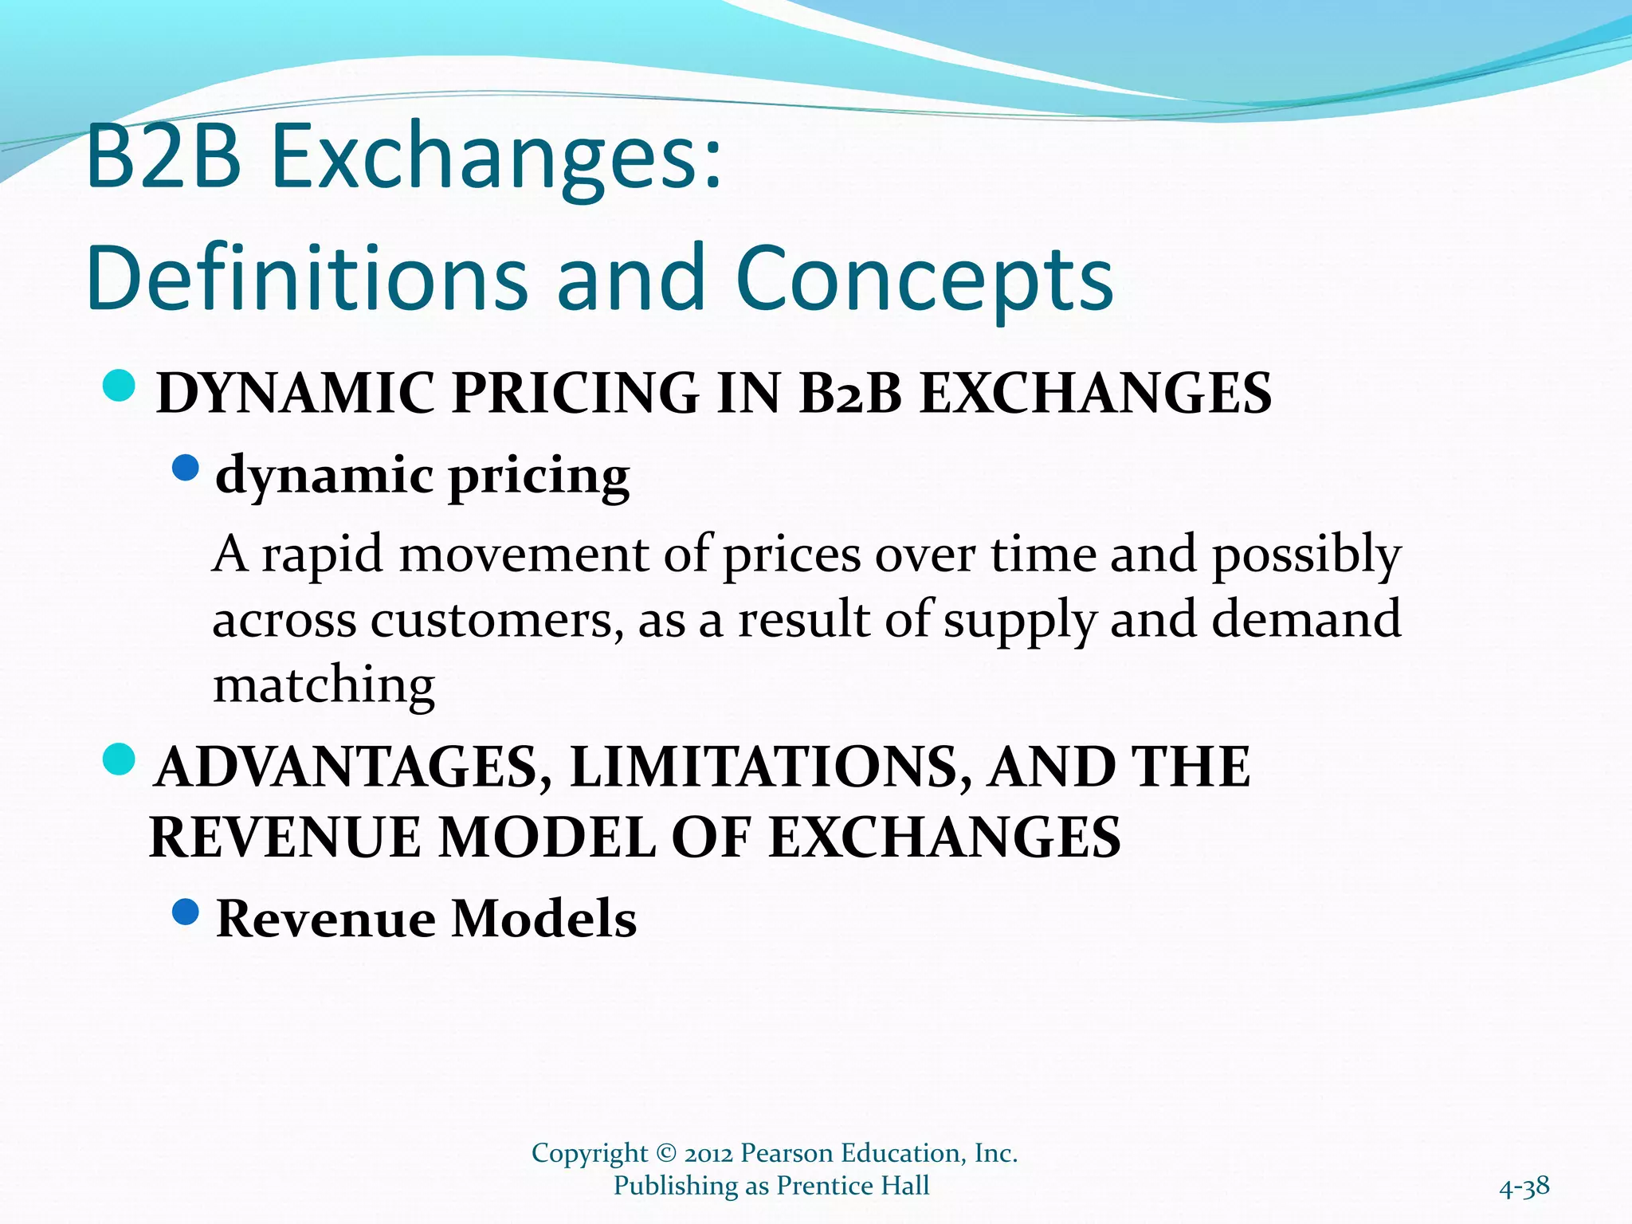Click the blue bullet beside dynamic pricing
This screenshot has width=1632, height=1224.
pos(185,468)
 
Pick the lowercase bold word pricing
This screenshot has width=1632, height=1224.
pos(539,476)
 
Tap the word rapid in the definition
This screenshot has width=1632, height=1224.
pos(323,555)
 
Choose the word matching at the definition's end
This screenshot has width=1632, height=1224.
pos(324,685)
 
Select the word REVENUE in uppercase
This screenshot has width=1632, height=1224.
pos(284,838)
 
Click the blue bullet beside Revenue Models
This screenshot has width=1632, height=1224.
pos(185,912)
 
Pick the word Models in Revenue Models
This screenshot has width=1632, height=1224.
pos(544,919)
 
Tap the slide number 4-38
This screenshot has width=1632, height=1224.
pos(1524,1187)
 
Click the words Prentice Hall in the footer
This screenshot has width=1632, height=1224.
pos(853,1186)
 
